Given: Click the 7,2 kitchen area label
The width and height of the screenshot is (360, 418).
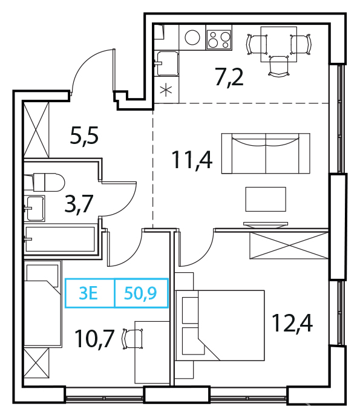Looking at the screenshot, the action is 229,77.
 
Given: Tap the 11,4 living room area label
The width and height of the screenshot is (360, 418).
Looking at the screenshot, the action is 192,160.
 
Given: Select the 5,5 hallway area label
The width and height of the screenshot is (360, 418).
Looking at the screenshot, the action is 84,136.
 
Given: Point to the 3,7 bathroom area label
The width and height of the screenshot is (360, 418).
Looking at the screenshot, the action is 79,204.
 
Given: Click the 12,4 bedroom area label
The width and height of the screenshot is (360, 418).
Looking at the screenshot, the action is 292,323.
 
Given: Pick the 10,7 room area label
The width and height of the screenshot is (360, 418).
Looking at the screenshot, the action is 95,339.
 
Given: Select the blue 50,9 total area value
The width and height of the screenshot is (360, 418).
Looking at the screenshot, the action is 140,293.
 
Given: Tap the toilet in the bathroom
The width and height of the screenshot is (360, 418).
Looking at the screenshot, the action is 45,182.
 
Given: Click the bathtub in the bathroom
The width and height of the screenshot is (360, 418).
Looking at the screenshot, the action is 60,240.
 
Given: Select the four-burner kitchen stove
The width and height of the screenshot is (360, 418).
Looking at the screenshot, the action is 218,40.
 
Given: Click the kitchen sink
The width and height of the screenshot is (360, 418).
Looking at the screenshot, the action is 166,64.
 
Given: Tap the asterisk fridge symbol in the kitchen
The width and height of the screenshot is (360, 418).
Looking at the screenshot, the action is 166,90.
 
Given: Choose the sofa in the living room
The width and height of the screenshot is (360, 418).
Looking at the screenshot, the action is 266,154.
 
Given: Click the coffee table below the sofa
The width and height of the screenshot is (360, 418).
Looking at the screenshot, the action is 266,199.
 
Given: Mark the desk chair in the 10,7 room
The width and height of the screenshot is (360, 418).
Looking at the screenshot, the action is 132,339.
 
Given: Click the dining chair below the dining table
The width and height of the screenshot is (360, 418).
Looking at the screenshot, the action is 279,67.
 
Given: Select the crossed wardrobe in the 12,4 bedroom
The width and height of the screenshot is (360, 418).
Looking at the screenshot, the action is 289,245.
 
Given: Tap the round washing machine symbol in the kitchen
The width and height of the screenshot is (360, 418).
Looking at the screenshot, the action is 192,38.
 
